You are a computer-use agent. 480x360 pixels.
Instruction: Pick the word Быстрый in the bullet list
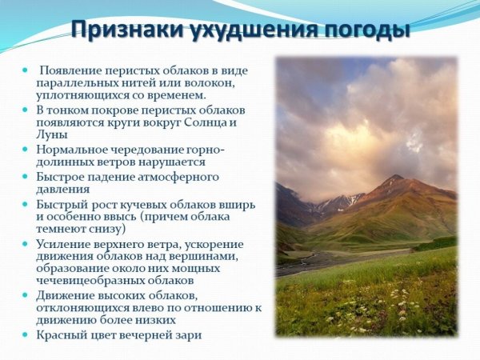61,203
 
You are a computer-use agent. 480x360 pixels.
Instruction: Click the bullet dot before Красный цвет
27,334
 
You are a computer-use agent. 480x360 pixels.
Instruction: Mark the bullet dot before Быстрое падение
27,176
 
